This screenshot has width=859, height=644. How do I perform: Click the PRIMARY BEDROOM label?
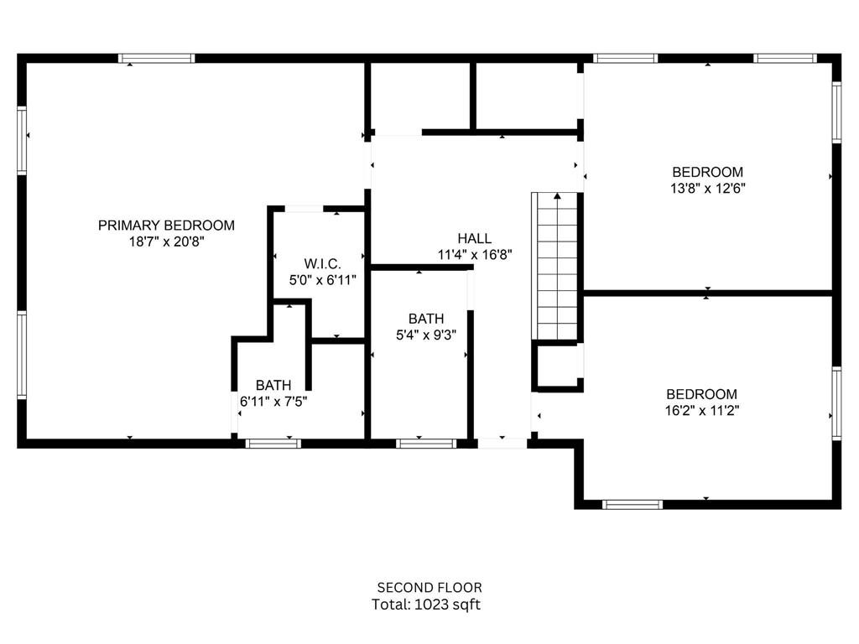click(x=166, y=225)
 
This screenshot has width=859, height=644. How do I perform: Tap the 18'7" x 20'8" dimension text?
click(x=166, y=241)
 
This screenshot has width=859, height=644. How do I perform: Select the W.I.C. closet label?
click(x=323, y=264)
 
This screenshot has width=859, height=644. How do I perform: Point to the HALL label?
click(x=474, y=238)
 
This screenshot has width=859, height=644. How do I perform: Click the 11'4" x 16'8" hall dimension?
click(x=474, y=255)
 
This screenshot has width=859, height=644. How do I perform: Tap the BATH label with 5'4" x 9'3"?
click(x=426, y=319)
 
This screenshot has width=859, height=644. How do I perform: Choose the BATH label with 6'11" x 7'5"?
click(x=273, y=385)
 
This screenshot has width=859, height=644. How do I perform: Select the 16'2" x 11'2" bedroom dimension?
click(x=702, y=411)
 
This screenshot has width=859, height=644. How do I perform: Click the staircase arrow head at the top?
click(x=556, y=196)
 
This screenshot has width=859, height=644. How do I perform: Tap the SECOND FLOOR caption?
click(x=429, y=587)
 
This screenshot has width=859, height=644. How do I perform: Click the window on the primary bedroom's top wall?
click(x=156, y=59)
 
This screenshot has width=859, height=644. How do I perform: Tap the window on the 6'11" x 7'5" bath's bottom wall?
click(x=273, y=443)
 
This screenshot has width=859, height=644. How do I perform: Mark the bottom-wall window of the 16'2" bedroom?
click(x=633, y=505)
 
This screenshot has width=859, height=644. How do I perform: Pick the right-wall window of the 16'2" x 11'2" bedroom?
click(x=836, y=402)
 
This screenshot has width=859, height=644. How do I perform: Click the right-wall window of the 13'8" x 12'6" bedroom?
click(x=836, y=112)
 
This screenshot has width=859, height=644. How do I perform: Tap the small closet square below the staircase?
click(x=555, y=366)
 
